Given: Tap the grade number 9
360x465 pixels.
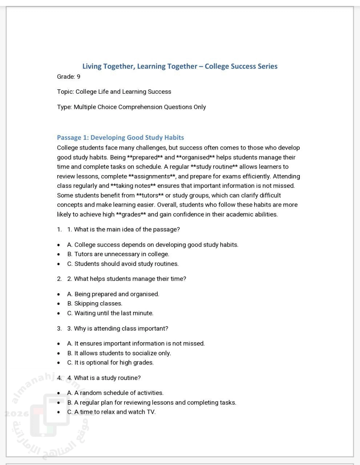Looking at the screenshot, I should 78,77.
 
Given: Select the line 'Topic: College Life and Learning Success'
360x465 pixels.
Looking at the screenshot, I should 114,92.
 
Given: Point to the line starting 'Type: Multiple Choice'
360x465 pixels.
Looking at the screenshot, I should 132,107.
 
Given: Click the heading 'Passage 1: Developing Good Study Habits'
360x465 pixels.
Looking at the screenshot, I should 121,138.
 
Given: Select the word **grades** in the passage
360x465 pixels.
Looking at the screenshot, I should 131,214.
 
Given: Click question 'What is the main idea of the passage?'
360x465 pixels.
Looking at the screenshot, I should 127,230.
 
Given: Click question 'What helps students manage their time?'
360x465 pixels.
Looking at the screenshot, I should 130,279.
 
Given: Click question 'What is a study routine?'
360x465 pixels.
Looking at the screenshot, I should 107,378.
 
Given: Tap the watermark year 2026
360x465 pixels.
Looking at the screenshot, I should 14,414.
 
